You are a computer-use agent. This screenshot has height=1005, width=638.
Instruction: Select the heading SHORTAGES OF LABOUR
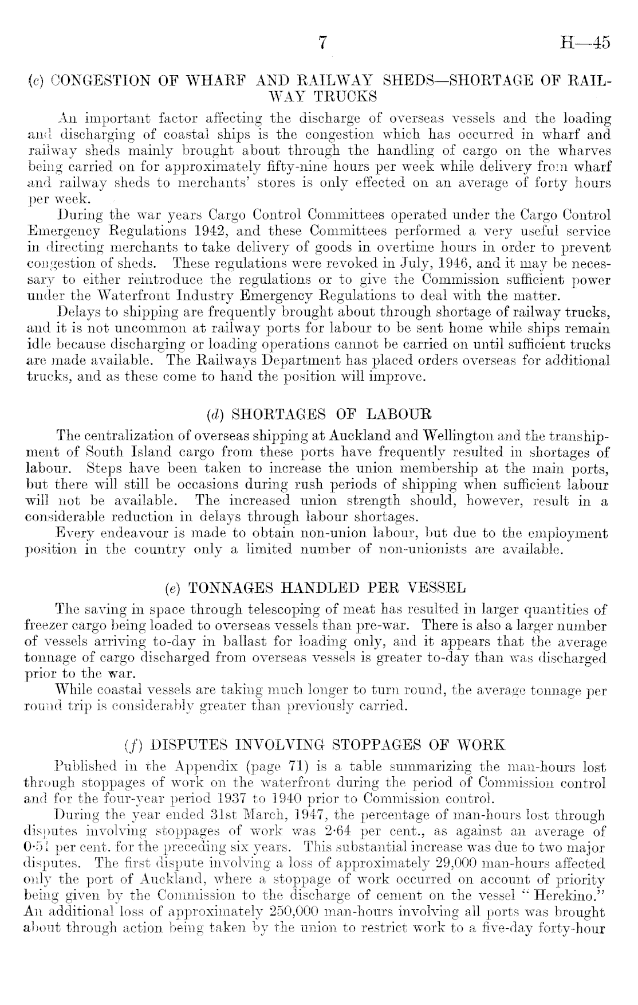[x=333, y=413]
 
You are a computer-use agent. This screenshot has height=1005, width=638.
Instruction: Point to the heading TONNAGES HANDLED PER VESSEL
[x=327, y=588]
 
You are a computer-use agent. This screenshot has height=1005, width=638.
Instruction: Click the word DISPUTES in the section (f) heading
[x=188, y=745]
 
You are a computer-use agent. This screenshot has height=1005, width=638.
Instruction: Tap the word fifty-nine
[x=321, y=167]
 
